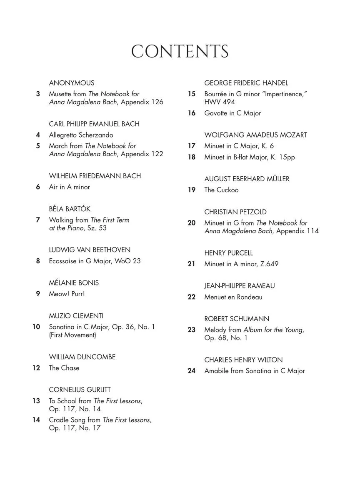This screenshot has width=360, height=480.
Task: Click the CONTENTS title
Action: pos(180,52)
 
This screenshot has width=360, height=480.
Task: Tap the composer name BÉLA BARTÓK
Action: pos(70,209)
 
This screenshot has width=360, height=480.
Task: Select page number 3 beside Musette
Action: pos(38,94)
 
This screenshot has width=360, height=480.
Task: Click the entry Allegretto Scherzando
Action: pos(81,135)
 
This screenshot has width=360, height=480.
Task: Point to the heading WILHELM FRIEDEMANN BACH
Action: pos(95,176)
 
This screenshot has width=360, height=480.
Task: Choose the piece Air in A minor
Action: pos(70,187)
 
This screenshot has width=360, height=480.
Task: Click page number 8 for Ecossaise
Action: pos(38,261)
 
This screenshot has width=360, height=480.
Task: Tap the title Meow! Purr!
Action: pos(67,294)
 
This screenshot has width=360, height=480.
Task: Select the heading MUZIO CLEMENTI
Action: pos(76,316)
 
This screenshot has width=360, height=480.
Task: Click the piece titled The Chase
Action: pos(64,368)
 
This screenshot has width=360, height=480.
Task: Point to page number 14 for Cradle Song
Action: pos(36,420)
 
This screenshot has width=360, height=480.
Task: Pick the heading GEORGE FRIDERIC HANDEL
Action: pos(246,83)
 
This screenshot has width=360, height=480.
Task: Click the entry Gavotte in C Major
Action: pos(232,113)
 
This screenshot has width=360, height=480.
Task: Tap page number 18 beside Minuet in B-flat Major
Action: pos(191,157)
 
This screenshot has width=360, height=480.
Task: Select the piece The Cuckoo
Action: pos(221,190)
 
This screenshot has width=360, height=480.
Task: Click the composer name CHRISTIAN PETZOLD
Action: pos(235,212)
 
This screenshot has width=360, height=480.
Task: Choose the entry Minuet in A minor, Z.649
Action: pos(241,264)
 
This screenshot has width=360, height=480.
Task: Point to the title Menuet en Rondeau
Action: pos(233,297)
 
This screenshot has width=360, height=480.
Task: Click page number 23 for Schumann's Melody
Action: pos(191,330)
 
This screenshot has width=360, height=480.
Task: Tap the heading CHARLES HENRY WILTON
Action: pos(243,360)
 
